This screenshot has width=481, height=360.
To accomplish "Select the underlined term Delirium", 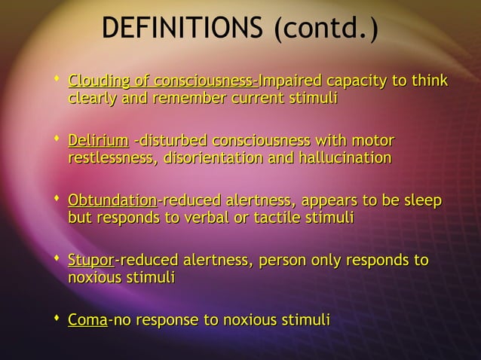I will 97,141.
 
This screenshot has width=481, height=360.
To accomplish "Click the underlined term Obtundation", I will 112,200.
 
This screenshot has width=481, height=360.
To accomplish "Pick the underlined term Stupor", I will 90,261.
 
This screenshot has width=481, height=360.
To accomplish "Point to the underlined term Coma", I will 87,321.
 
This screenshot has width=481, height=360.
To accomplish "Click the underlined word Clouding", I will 100,81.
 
